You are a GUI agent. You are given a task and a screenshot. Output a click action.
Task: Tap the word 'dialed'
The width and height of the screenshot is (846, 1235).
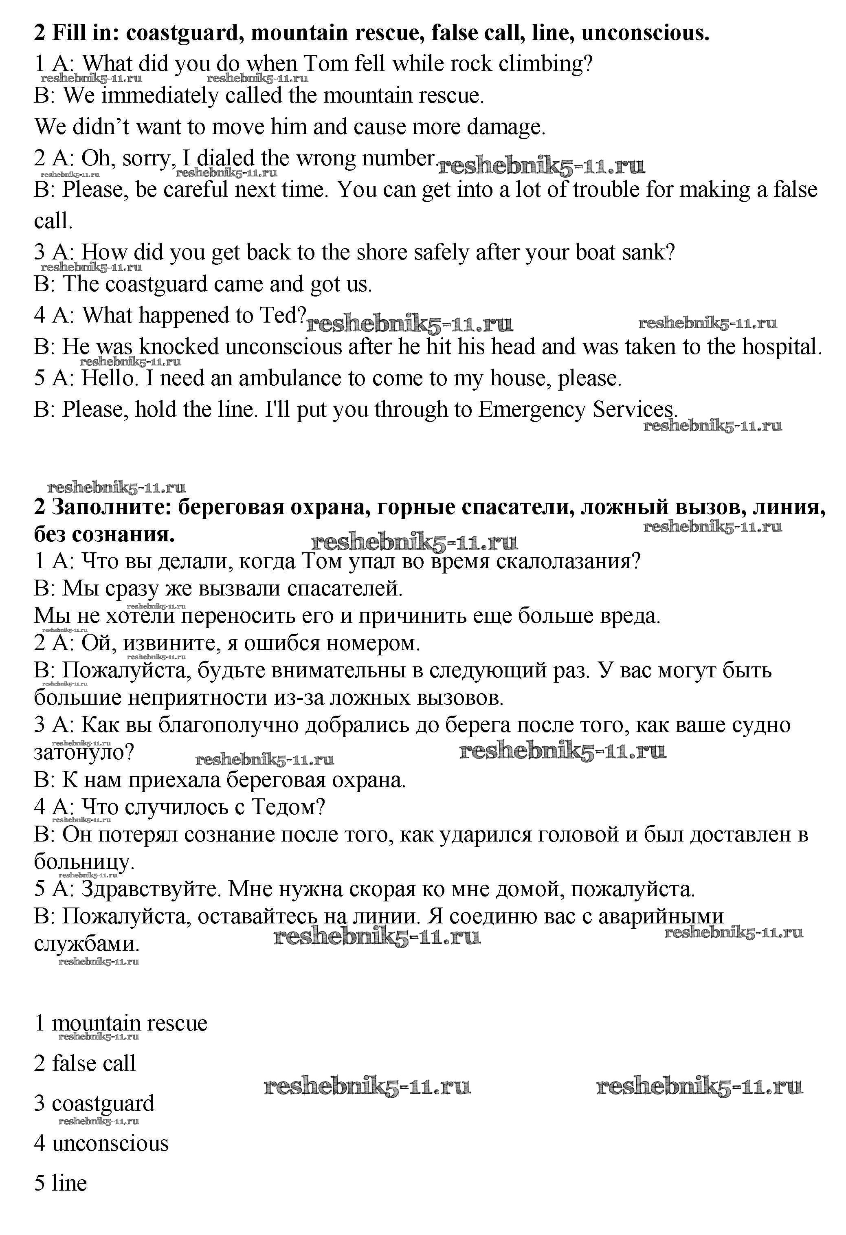click(x=225, y=158)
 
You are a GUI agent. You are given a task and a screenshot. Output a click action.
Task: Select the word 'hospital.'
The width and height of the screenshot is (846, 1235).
click(x=782, y=347)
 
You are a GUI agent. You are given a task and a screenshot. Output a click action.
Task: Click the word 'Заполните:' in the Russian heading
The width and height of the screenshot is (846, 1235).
click(x=112, y=508)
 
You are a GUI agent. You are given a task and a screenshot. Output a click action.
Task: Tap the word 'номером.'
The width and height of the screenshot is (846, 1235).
click(x=373, y=644)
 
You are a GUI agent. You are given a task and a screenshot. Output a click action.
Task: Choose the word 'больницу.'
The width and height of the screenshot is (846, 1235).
click(x=84, y=861)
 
